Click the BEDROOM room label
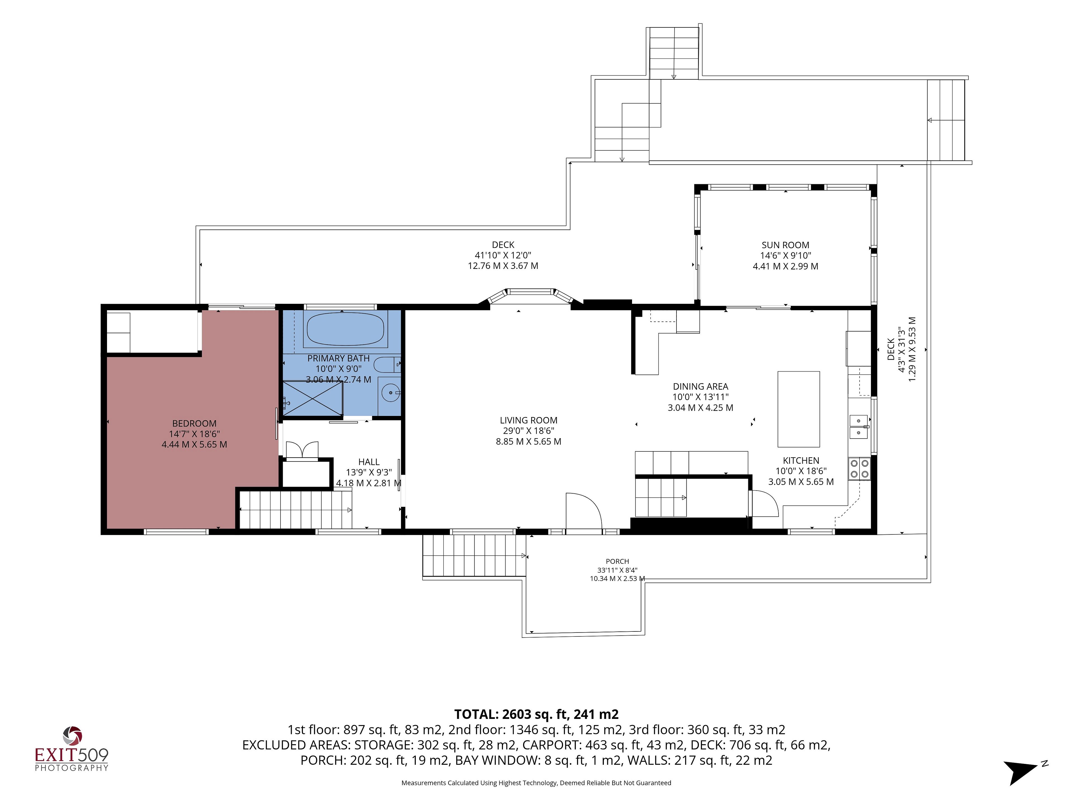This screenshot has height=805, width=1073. click(x=194, y=424)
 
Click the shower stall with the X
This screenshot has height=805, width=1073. click(x=313, y=398)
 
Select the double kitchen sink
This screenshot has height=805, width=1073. click(x=859, y=427)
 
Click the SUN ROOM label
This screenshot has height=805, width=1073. click(x=785, y=245)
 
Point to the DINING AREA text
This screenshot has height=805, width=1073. click(x=701, y=386)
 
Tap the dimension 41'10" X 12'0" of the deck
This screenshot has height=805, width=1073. click(x=503, y=255)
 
